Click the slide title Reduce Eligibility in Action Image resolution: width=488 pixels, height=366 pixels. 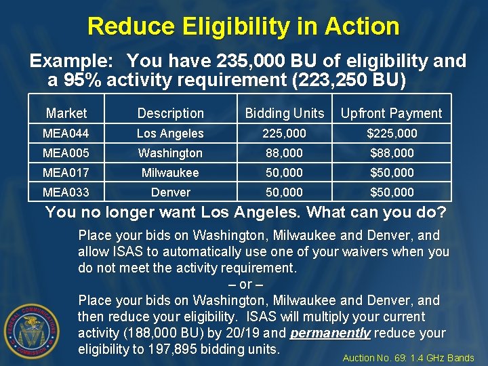pos(243,27)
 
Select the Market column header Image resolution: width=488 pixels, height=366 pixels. pos(66,113)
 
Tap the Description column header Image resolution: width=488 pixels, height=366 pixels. pos(170,113)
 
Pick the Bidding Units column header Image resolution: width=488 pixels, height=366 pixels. pos(285,113)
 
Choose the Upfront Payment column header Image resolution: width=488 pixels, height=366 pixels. pos(391,113)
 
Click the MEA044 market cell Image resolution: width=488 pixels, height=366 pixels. pos(66,134)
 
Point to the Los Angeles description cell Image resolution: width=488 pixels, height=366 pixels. pos(170,134)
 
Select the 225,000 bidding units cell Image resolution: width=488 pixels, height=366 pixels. pos(285,134)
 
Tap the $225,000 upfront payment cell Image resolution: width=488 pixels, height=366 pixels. pos(391,134)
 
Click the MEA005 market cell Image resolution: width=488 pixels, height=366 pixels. pos(66,153)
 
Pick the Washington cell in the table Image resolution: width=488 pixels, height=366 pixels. pos(170,153)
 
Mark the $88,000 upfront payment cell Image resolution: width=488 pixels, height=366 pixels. pos(391,153)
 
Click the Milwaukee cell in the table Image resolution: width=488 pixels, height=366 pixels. pos(170,173)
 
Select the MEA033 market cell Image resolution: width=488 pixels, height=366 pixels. pos(66,192)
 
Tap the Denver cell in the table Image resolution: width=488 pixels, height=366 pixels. pos(170,192)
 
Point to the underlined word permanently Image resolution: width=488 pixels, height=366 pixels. pos(331,333)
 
